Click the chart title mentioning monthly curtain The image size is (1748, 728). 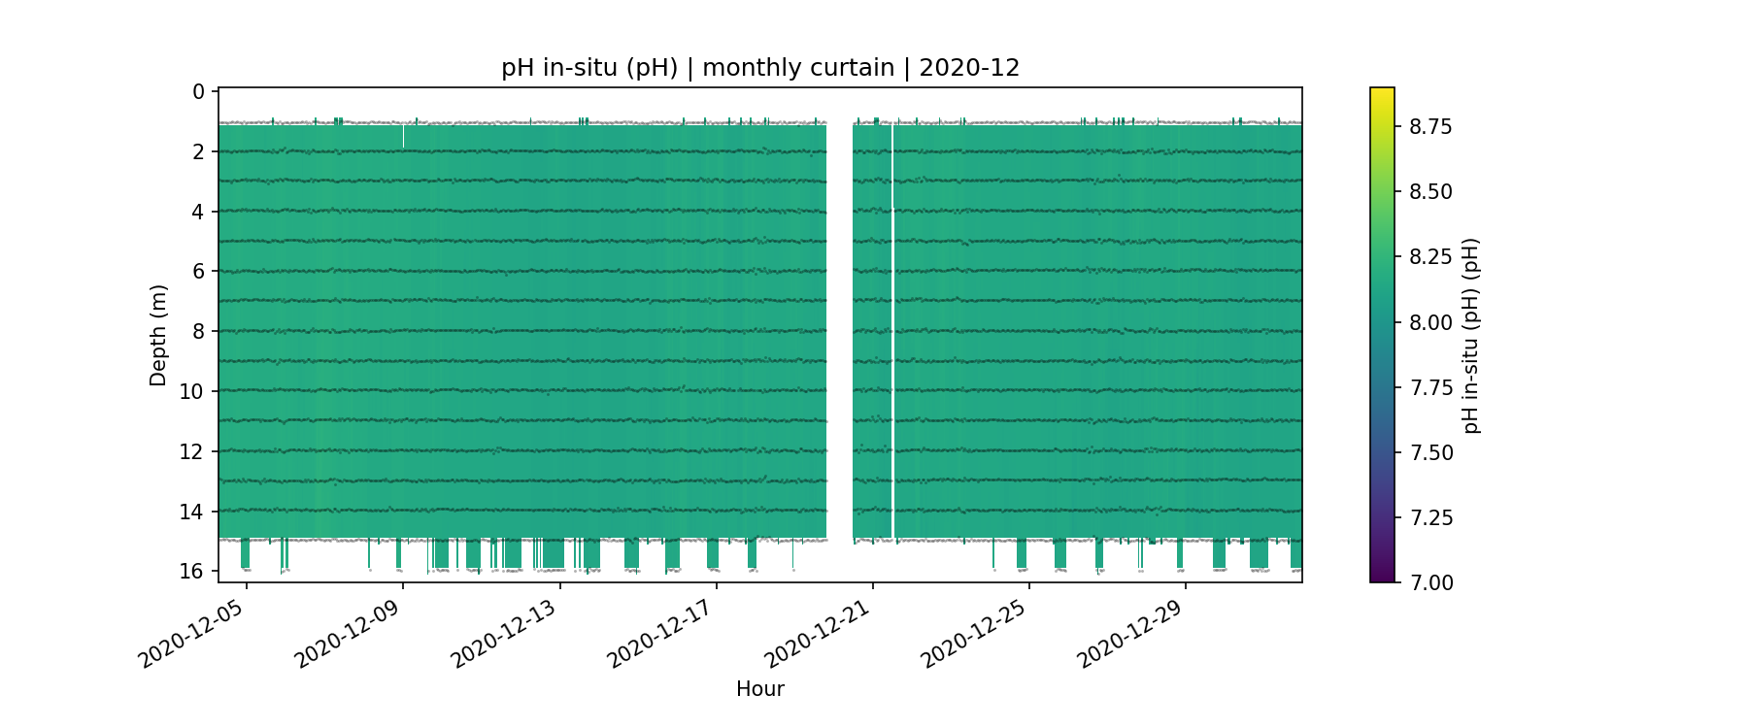click(760, 68)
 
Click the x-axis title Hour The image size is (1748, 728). click(760, 689)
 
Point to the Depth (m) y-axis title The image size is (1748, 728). click(158, 335)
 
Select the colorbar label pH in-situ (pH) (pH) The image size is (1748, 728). click(1471, 335)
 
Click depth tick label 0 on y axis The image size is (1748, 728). click(199, 92)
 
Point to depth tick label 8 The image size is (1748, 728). click(199, 332)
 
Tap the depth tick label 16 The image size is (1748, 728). click(192, 571)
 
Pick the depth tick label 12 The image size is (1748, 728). click(192, 451)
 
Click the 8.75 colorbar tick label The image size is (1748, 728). click(1430, 127)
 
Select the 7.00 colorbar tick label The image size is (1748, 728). click(1430, 582)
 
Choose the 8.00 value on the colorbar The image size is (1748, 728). click(1430, 322)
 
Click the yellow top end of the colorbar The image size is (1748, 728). click(1382, 91)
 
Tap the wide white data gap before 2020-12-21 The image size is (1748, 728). click(839, 330)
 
